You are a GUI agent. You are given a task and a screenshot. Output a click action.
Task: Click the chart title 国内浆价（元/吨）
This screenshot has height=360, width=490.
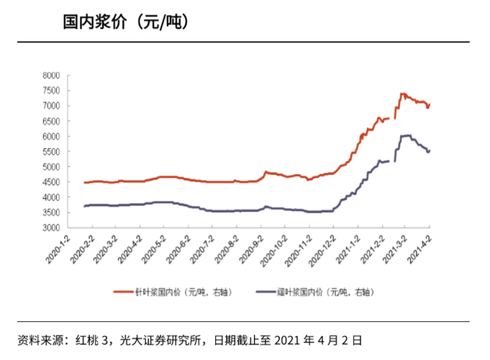pos(126,22)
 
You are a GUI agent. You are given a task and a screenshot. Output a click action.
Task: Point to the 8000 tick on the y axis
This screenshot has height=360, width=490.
pos(50,75)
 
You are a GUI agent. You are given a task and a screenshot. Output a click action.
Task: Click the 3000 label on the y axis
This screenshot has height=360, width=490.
pos(50,228)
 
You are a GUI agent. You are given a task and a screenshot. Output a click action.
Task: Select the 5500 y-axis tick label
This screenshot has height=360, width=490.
pos(50,151)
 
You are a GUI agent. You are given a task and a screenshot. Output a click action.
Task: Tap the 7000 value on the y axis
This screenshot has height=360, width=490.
pos(50,105)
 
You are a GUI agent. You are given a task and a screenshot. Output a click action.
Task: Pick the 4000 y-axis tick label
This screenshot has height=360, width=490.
pos(50,197)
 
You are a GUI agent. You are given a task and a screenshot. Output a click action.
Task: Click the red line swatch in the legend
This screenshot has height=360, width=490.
pos(122,292)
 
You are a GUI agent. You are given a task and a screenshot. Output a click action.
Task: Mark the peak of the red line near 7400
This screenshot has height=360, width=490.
pos(402,94)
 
